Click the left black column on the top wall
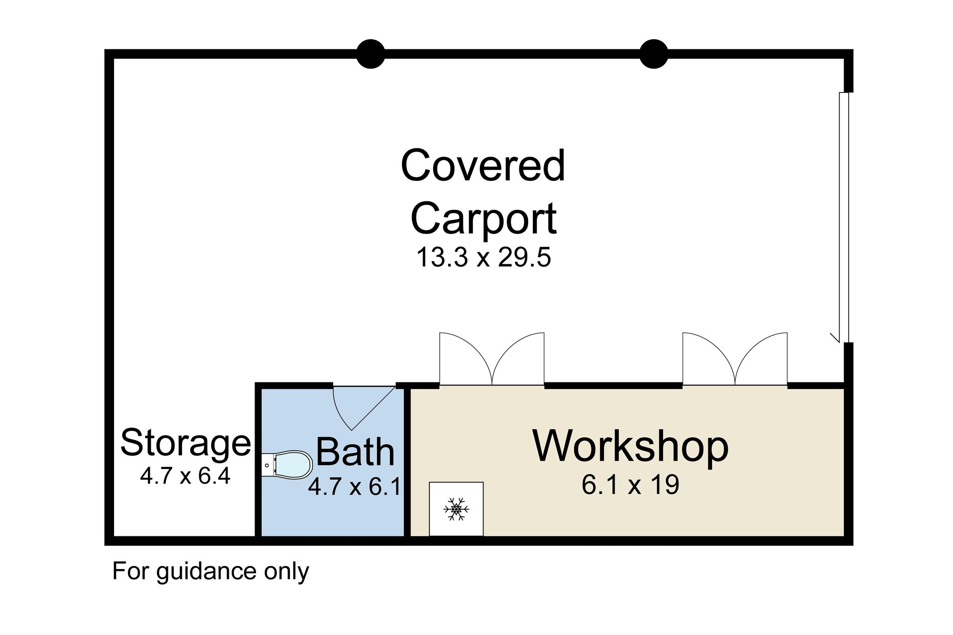pyautogui.click(x=370, y=54)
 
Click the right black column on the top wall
pyautogui.click(x=654, y=54)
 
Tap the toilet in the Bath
pyautogui.click(x=293, y=464)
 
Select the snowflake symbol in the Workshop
pyautogui.click(x=456, y=509)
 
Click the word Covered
pyautogui.click(x=483, y=166)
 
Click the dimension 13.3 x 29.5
pyautogui.click(x=483, y=257)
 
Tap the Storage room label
pyautogui.click(x=185, y=442)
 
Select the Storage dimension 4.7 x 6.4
pyautogui.click(x=185, y=476)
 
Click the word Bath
pyautogui.click(x=355, y=452)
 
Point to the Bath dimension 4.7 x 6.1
pyautogui.click(x=355, y=487)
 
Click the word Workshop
pyautogui.click(x=631, y=446)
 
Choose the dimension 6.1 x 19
pyautogui.click(x=631, y=485)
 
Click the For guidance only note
pyautogui.click(x=210, y=571)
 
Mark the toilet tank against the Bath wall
pyautogui.click(x=268, y=465)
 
